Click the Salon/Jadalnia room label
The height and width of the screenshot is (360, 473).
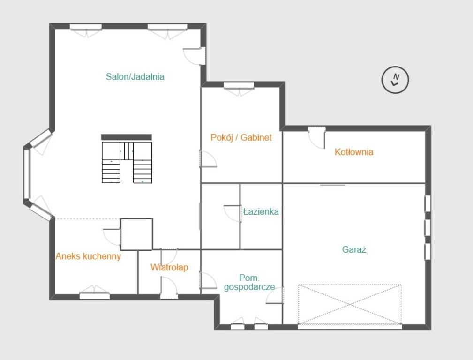(135, 77)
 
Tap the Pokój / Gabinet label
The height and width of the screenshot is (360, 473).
(241, 138)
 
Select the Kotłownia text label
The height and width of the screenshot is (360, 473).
(354, 151)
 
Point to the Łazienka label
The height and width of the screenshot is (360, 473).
(261, 211)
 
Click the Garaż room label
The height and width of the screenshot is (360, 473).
(354, 249)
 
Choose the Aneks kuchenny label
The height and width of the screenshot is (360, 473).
(88, 256)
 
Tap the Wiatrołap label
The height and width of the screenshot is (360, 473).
(169, 267)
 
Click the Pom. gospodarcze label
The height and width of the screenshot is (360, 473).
(249, 282)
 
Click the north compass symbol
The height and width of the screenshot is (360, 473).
(395, 80)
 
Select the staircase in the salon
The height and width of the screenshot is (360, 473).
(127, 162)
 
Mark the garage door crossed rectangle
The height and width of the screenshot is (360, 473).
(350, 304)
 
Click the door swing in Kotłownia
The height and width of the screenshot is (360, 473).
(316, 138)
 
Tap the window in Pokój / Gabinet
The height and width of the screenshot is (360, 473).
(239, 89)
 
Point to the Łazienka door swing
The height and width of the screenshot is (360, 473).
(233, 213)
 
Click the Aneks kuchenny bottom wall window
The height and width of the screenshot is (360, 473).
(94, 292)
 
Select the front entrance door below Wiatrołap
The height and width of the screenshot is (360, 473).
(169, 288)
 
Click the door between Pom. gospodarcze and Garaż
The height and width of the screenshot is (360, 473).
(275, 295)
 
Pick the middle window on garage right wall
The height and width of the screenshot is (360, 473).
(427, 227)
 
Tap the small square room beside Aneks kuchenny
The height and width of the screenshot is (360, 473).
(137, 234)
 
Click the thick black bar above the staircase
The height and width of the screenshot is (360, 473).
(127, 137)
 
